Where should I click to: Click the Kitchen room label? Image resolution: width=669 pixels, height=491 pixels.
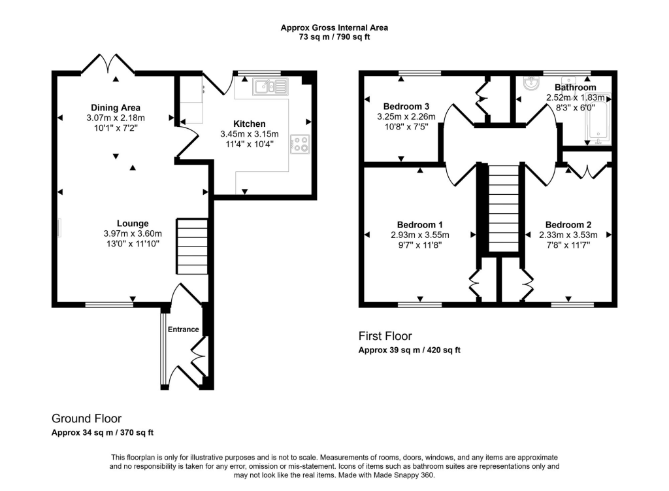pos(250,124)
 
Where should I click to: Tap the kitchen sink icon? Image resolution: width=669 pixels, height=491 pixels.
pos(270,86)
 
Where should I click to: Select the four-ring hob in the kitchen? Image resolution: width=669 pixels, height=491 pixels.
pos(300,143)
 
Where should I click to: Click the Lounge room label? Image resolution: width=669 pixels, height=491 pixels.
pos(133,223)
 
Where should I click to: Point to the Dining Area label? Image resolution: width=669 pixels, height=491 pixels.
pos(115,107)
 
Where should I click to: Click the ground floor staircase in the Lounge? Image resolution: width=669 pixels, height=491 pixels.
pos(191,246)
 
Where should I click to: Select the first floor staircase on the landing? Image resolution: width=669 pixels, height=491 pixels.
pos(502,208)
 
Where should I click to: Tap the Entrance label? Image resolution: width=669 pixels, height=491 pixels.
pos(184,330)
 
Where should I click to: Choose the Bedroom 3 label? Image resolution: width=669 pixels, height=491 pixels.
pos(406,107)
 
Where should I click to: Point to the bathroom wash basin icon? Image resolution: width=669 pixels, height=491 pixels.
pos(530,84)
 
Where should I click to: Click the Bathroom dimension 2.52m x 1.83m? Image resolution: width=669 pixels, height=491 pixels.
pos(575,97)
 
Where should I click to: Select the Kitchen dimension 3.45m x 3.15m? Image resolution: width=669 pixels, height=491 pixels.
pos(250,134)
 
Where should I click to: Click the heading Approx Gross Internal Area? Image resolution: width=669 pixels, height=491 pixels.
pos(334,27)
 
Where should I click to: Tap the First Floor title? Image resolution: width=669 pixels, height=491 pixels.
pos(385,336)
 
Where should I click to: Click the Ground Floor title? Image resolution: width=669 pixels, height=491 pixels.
pos(86,418)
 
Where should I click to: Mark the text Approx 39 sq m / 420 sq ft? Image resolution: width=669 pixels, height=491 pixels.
pos(410,350)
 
